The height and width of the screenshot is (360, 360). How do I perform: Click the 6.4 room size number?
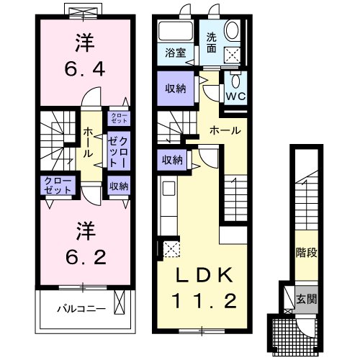82,70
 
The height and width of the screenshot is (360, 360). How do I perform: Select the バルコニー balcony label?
82,310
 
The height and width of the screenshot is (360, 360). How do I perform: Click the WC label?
235,94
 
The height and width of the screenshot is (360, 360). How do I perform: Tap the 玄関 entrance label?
306,297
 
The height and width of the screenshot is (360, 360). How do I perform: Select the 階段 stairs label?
306,253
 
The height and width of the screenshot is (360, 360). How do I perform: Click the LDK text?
203,274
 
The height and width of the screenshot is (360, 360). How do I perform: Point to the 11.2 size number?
203,300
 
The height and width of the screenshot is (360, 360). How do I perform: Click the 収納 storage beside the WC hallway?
174,89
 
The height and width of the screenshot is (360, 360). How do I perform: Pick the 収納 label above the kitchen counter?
171,160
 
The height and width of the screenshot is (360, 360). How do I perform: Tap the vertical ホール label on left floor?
87,143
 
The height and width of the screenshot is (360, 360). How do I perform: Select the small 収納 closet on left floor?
119,186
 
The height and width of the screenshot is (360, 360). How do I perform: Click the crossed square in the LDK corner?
172,250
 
